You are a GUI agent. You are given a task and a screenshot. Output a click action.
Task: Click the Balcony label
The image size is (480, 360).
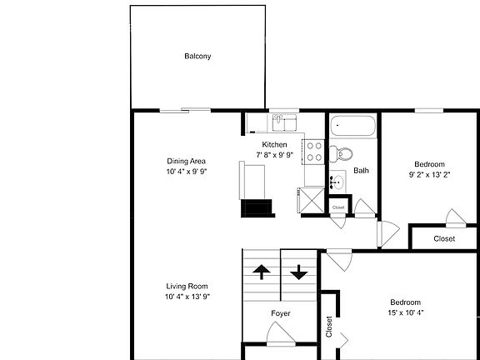click(197, 57)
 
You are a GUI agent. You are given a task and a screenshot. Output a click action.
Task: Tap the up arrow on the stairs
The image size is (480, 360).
click(262, 272)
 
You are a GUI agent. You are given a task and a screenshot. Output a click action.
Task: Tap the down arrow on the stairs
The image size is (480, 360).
click(299, 272)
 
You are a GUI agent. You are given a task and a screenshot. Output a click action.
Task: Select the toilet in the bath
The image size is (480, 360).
click(342, 154)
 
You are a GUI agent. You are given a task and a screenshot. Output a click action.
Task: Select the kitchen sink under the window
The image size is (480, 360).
click(286, 124)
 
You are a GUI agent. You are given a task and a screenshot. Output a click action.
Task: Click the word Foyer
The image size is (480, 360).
click(281, 313)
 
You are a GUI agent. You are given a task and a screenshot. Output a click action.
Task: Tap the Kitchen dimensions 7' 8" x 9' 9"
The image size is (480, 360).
click(275, 154)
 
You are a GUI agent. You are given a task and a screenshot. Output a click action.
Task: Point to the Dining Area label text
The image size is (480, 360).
click(186, 161)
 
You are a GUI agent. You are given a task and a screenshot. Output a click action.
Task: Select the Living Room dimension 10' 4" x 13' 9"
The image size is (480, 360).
click(186, 296)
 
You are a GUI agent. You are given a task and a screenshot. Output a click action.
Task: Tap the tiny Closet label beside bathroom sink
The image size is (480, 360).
click(338, 207)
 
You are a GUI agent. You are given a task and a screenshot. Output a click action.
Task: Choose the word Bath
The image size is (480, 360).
click(361, 171)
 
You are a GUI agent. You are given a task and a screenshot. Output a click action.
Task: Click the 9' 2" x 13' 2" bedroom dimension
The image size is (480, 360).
click(429, 174)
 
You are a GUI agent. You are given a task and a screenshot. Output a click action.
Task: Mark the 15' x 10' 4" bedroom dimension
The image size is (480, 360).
click(406, 312)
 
